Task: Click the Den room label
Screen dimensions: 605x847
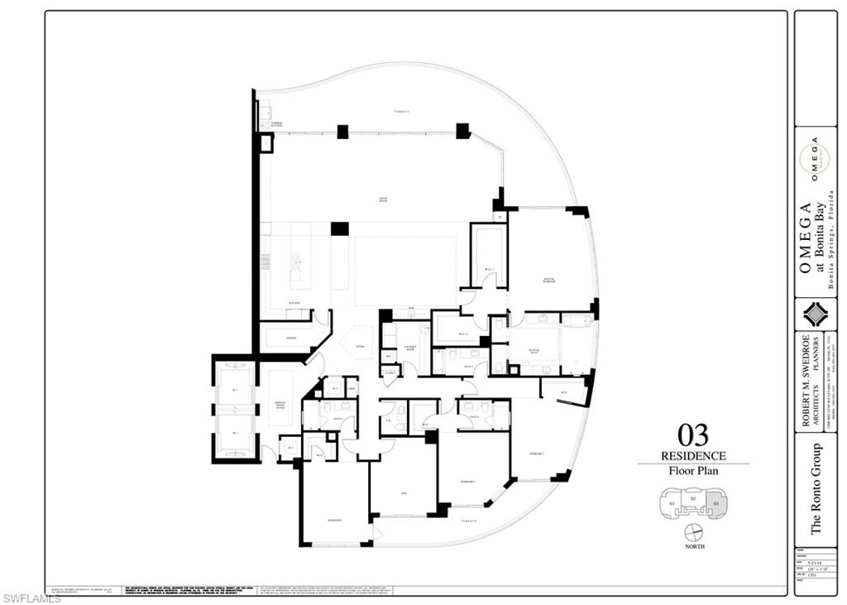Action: click(x=404, y=495)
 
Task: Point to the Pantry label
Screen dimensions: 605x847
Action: click(x=291, y=338)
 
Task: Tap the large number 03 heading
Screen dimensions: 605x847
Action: click(x=692, y=435)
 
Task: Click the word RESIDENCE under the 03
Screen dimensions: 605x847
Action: click(x=693, y=456)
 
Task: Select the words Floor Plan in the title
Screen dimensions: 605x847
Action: click(x=693, y=471)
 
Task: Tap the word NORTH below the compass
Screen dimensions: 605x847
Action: click(x=694, y=548)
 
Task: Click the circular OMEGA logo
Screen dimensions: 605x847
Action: click(x=814, y=161)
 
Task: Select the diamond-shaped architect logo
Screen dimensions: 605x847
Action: click(x=814, y=315)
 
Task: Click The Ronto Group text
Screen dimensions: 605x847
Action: click(x=816, y=488)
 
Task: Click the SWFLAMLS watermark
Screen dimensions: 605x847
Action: click(x=31, y=598)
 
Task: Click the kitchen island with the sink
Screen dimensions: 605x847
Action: click(x=295, y=269)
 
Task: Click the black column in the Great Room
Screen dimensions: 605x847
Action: click(x=339, y=228)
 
